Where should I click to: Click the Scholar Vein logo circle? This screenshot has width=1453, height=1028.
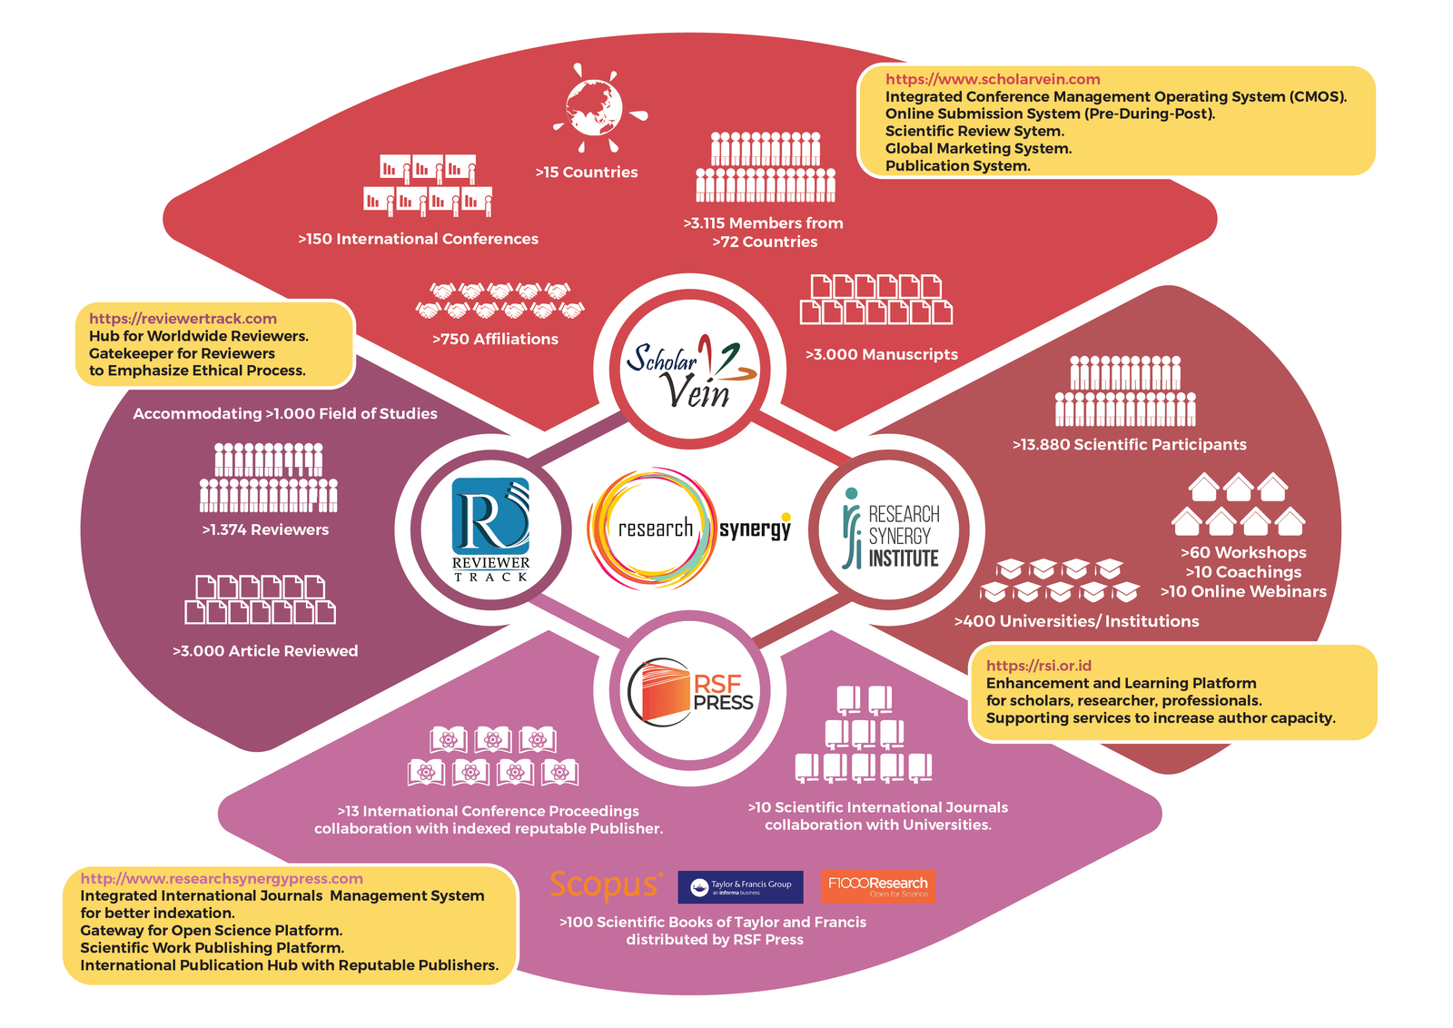(x=691, y=369)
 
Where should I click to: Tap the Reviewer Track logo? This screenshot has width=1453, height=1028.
(x=491, y=529)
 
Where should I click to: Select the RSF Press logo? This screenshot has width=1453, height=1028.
(x=690, y=692)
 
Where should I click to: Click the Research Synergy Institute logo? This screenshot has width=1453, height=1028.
(x=890, y=529)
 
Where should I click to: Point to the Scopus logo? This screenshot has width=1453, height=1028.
(x=607, y=885)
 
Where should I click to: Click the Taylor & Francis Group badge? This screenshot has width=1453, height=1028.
(x=741, y=886)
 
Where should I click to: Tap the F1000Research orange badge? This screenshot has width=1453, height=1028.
(x=878, y=886)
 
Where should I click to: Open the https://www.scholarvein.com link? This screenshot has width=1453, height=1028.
(x=993, y=79)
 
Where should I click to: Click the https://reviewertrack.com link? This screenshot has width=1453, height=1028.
(x=183, y=319)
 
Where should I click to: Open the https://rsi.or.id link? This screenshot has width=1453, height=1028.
(x=1039, y=666)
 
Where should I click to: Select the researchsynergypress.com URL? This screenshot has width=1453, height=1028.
(x=222, y=878)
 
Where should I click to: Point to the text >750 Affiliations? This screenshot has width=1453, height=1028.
(x=495, y=339)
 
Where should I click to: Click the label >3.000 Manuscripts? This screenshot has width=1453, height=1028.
(x=882, y=354)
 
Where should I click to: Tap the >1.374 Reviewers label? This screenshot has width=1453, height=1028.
(x=265, y=529)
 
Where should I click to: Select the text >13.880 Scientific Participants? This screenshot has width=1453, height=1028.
(x=1130, y=444)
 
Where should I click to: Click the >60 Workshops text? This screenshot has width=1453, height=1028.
(x=1243, y=552)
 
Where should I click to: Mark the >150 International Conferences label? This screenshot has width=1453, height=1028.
(x=419, y=239)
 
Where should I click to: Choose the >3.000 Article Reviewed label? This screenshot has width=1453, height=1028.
(x=265, y=650)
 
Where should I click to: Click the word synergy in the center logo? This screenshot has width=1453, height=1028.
(x=755, y=529)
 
